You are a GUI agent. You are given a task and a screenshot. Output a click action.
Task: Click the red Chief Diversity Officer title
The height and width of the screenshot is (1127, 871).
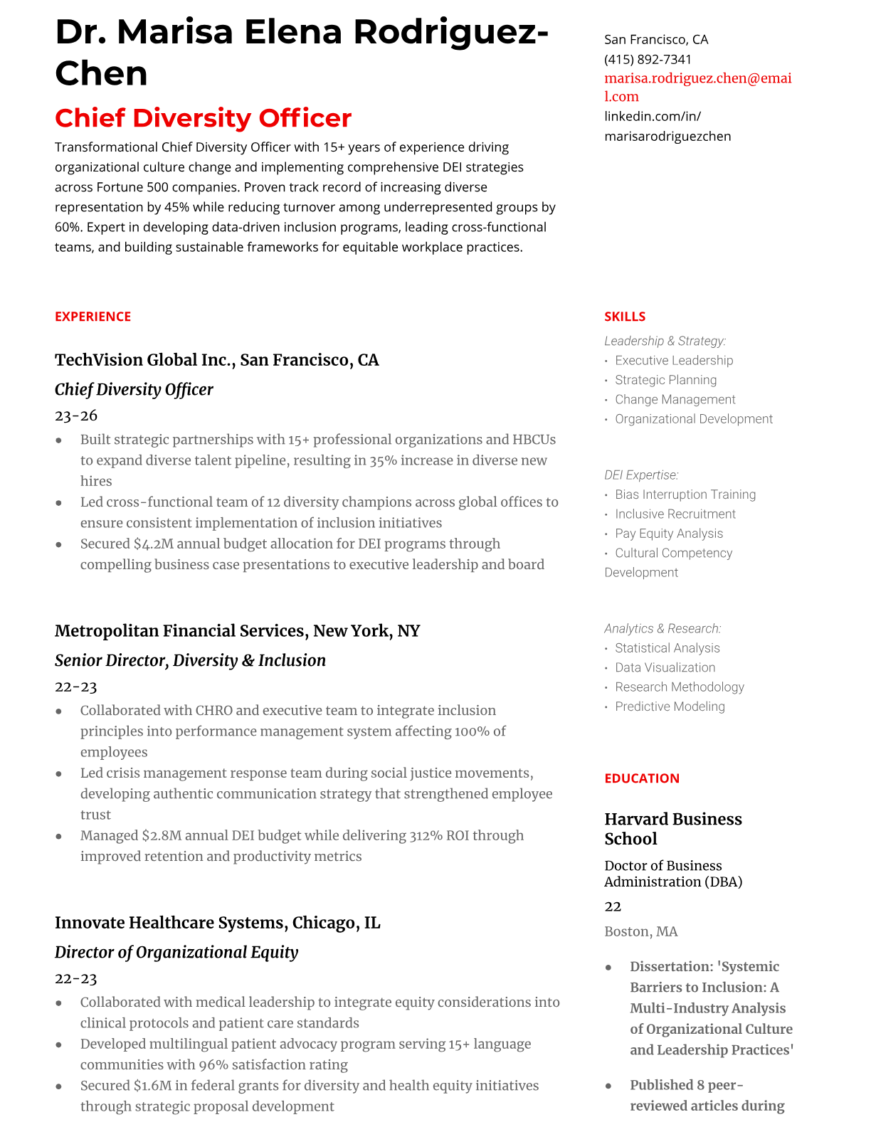[x=203, y=118]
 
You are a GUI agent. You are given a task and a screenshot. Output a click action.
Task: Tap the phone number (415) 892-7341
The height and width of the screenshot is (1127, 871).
[x=648, y=60]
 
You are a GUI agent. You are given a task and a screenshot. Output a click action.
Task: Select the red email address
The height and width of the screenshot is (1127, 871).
[x=697, y=87]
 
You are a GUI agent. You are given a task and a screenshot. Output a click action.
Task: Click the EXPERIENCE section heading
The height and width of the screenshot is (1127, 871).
[x=93, y=317]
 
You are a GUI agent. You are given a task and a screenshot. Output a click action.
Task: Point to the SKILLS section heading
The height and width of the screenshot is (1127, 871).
[x=624, y=317]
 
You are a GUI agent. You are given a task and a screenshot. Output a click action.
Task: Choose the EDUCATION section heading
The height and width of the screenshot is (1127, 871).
[x=641, y=778]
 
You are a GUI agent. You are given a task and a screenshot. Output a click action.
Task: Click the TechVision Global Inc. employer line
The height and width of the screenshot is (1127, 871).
[x=216, y=360]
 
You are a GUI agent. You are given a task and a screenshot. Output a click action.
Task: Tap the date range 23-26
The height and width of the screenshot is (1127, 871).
[x=76, y=416]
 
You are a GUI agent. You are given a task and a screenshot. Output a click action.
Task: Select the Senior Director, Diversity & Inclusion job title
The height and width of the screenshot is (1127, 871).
[x=190, y=660]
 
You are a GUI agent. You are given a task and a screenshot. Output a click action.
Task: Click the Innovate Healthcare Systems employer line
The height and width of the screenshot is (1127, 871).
[x=217, y=923]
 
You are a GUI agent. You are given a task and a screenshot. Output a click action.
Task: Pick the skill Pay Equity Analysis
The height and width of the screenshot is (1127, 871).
[x=668, y=534]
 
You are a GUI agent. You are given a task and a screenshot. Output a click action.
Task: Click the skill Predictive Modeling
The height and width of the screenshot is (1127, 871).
[x=670, y=707]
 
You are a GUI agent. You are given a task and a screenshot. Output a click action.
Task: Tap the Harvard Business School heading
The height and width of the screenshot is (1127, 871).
[x=672, y=829]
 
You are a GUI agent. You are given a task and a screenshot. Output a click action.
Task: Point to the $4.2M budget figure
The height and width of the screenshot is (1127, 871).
[x=153, y=544]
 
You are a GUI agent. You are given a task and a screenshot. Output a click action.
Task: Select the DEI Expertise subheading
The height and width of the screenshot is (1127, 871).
[x=641, y=475]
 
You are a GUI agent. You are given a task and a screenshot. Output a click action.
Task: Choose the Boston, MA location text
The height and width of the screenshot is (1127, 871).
[x=640, y=931]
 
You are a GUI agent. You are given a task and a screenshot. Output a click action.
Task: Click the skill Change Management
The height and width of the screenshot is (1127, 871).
[x=675, y=400]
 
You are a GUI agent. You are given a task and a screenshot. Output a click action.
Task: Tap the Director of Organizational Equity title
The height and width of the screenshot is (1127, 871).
[x=176, y=952]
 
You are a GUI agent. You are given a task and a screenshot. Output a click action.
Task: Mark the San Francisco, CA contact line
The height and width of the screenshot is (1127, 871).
[x=655, y=40]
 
